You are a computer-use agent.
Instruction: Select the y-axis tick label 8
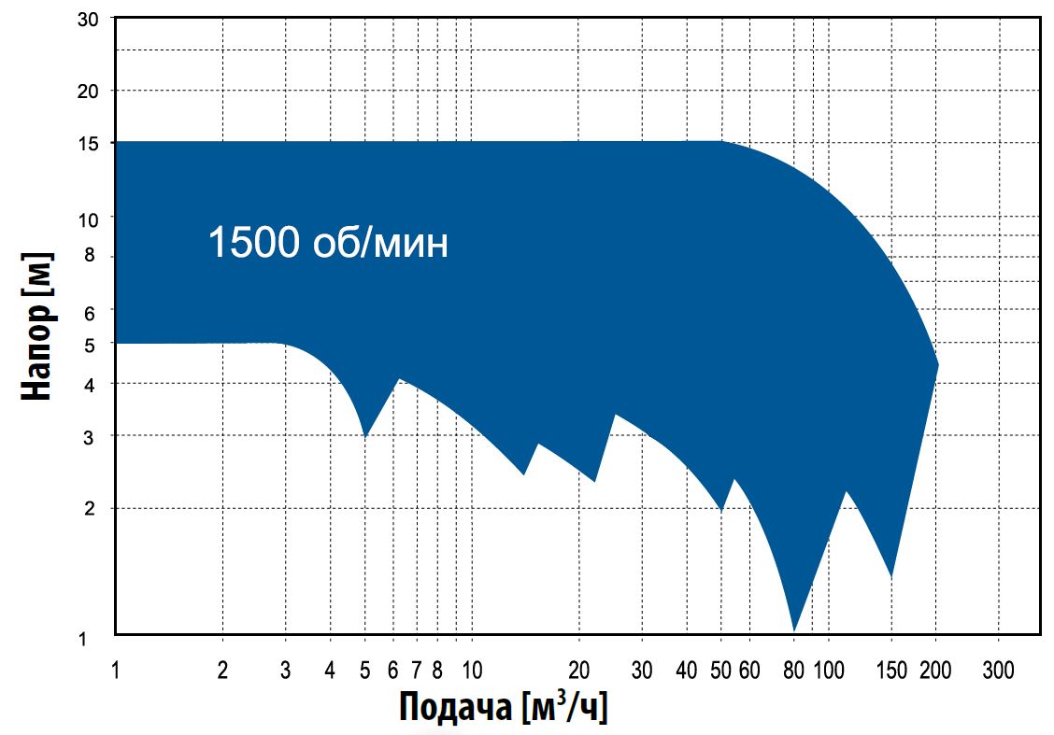pos(91,256)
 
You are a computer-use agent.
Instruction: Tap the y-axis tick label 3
pos(91,435)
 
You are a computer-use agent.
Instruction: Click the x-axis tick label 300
pos(998,669)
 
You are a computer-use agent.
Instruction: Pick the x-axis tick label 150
pos(891,669)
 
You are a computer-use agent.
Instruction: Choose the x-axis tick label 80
pos(793,669)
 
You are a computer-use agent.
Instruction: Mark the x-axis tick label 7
pos(416,669)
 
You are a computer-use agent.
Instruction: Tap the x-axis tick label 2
pos(222,669)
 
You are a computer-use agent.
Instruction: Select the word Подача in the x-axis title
pos(457,707)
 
